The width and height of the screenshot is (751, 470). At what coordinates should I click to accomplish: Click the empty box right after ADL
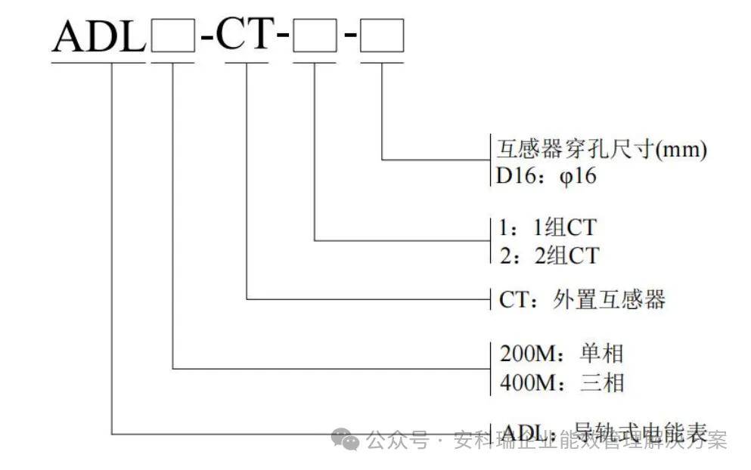click(x=173, y=36)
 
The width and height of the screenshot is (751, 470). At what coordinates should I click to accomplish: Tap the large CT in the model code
click(x=244, y=34)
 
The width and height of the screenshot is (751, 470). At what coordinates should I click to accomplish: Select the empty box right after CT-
click(x=315, y=36)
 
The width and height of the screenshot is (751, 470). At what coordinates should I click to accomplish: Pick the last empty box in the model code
click(x=382, y=36)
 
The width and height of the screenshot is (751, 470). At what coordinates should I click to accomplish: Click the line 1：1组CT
click(x=549, y=227)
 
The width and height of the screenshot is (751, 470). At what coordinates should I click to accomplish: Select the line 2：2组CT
click(x=549, y=255)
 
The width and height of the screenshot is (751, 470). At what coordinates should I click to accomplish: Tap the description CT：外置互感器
click(x=582, y=299)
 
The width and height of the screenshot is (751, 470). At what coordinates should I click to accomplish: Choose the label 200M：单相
click(x=562, y=353)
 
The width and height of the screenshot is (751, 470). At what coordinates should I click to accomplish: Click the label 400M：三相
click(x=562, y=382)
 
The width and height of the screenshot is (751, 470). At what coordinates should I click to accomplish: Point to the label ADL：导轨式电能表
click(x=604, y=434)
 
